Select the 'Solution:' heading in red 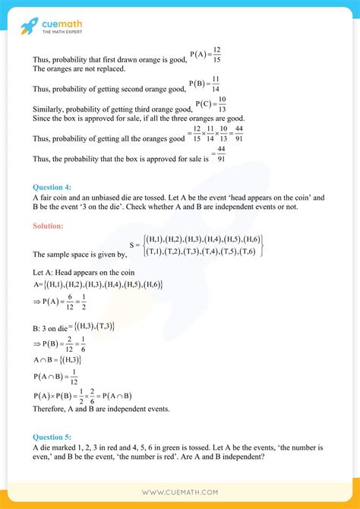pyautogui.click(x=48, y=226)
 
